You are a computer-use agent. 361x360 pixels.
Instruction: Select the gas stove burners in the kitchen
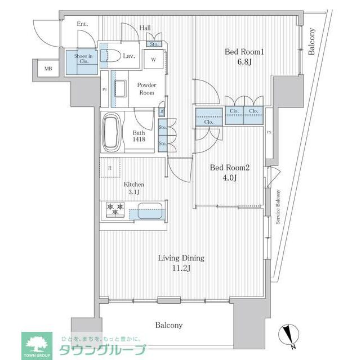pos(116,209)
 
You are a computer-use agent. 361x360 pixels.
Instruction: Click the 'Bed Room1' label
pos(244,52)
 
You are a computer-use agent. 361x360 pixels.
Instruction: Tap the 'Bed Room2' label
pos(230,168)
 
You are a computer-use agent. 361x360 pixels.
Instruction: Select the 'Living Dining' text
pos(181,258)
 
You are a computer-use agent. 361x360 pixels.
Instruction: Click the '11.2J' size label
pos(181,268)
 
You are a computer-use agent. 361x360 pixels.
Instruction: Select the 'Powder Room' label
pos(146,88)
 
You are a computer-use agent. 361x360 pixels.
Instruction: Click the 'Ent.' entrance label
pos(82,24)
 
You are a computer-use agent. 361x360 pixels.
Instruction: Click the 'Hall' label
pos(145,28)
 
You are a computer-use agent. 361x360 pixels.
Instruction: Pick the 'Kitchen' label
pos(134,184)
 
